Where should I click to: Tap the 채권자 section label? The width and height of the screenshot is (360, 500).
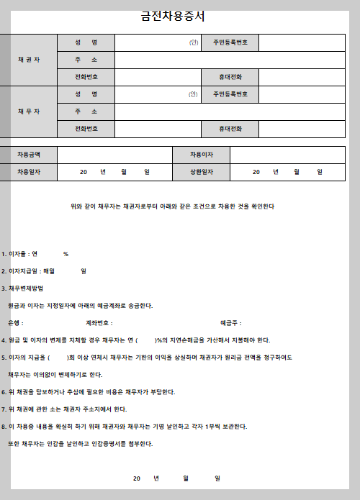29,60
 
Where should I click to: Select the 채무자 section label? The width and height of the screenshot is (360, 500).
29,112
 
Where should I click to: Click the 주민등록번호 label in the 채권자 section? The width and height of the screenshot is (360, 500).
230,42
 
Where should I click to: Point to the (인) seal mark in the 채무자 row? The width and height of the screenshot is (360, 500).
194,94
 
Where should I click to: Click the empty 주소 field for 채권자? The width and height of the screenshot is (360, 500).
230,60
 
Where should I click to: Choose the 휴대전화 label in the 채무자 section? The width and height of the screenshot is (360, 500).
230,129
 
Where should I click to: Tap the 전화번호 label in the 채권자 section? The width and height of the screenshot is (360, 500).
86,77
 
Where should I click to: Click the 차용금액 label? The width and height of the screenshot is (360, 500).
29,155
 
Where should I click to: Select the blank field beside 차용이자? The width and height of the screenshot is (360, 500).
288,155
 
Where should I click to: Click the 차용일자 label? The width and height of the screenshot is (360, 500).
29,172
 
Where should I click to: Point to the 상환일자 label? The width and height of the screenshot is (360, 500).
201,172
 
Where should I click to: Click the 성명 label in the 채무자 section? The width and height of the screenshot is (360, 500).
86,94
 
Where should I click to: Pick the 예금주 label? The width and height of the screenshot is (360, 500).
230,323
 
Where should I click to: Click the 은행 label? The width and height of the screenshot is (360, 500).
15,323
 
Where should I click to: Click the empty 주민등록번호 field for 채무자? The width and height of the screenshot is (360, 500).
302,94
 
